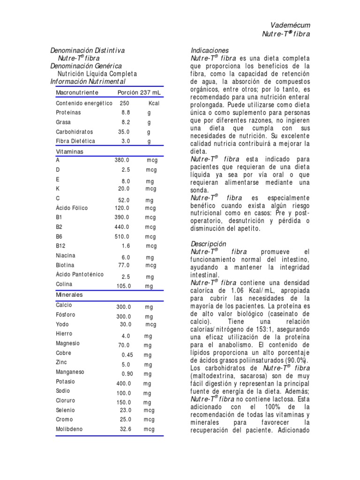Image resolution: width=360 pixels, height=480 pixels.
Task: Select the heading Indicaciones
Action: (210, 50)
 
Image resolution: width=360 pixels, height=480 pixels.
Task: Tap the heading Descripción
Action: (209, 244)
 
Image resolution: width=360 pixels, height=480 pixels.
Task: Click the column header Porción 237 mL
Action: (139, 92)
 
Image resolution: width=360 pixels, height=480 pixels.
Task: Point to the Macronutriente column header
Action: (77, 92)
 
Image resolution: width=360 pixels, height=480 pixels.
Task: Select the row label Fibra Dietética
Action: (75, 141)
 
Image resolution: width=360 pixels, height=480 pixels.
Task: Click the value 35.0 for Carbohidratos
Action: (124, 132)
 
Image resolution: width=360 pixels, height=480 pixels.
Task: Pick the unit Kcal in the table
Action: (154, 103)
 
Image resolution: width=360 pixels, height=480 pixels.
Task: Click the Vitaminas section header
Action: (70, 152)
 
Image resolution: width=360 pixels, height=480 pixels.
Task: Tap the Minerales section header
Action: (69, 295)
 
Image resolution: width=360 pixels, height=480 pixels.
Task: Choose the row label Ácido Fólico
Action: (72, 208)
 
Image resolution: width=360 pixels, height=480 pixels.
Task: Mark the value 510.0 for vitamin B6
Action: (122, 237)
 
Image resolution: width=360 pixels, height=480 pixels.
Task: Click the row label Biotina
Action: (65, 265)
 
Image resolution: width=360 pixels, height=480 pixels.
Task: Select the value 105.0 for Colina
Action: (124, 286)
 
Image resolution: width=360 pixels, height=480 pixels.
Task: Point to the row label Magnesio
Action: (68, 343)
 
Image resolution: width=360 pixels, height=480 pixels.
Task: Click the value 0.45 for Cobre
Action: (127, 355)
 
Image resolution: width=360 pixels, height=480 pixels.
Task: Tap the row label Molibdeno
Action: (69, 429)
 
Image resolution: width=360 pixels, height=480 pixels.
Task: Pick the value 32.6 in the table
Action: (126, 429)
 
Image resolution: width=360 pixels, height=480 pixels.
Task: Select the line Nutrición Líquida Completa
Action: (97, 74)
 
